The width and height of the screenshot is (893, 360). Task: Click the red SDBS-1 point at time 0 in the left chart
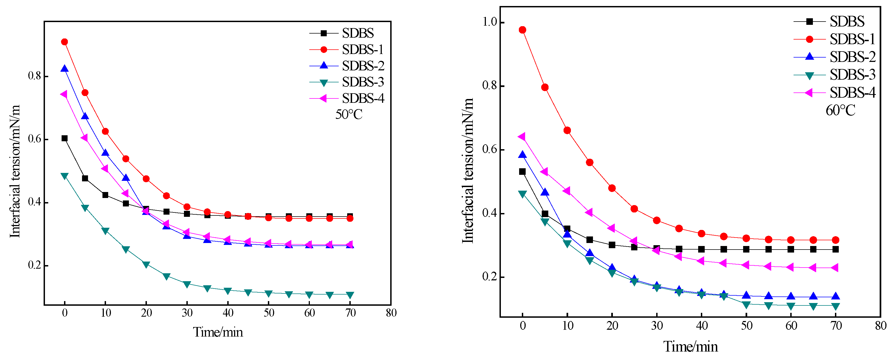[x=65, y=42]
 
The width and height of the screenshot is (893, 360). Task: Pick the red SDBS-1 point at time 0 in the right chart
[x=522, y=30]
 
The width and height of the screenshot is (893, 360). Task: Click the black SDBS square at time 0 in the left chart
[x=65, y=138]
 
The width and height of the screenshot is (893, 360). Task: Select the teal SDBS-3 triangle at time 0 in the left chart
[x=65, y=176]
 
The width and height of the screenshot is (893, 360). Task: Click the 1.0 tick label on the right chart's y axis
[x=490, y=22]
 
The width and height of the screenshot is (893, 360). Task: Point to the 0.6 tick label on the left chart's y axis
[x=35, y=139]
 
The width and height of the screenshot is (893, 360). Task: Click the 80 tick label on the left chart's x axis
[x=391, y=313]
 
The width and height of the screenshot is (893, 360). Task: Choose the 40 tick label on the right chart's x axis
[x=702, y=326]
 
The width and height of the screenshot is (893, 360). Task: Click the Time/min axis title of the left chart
[x=218, y=332]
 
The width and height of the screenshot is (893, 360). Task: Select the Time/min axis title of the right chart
[x=691, y=347]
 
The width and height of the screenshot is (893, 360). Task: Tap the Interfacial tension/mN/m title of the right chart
[x=468, y=171]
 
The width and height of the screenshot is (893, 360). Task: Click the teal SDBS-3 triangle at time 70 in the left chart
[x=350, y=295]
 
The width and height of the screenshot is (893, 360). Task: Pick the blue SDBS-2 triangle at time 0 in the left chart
[x=65, y=69]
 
